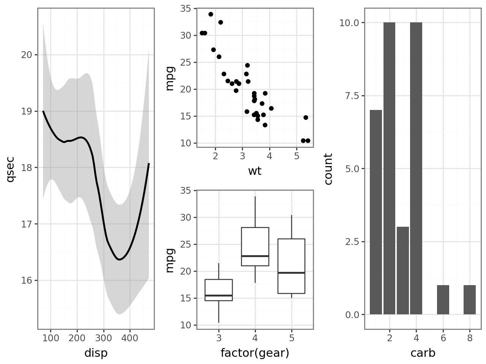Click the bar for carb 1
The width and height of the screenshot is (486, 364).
(x=376, y=212)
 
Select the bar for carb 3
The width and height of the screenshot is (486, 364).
(x=403, y=271)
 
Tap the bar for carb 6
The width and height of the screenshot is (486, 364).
(x=443, y=300)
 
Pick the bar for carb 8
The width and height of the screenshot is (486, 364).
(x=470, y=300)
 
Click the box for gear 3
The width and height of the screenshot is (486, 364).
(x=219, y=290)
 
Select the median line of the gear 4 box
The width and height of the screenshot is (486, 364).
(x=255, y=256)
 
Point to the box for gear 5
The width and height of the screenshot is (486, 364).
(x=291, y=266)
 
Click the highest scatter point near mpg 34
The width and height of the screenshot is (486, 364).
(x=211, y=14)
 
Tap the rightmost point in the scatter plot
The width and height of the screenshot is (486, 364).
(x=308, y=141)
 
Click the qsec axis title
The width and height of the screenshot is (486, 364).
(x=10, y=169)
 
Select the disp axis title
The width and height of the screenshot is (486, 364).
(x=96, y=353)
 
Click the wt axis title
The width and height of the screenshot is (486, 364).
(x=255, y=171)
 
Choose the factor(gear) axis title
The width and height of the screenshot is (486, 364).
(x=255, y=353)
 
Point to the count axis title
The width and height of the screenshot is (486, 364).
(x=328, y=169)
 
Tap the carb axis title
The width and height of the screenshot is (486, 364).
(x=423, y=353)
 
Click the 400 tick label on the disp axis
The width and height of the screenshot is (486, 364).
(x=130, y=338)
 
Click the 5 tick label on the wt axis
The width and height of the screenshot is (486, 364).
(x=297, y=157)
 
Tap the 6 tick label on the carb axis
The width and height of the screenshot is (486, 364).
(x=443, y=338)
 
